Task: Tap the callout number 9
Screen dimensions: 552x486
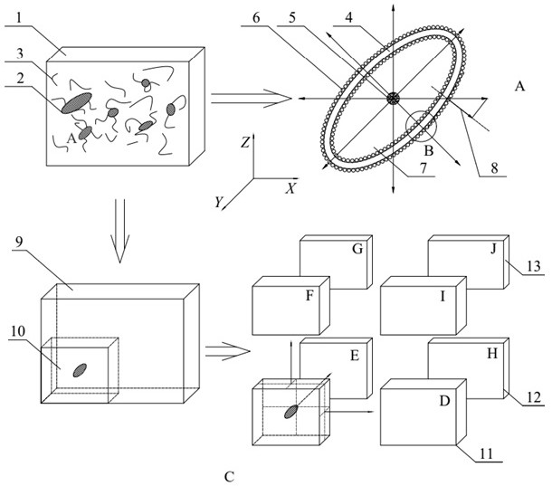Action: (19, 242)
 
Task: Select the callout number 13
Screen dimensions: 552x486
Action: (534, 266)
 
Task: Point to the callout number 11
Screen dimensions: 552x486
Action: (486, 453)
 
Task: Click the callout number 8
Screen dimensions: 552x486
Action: (495, 168)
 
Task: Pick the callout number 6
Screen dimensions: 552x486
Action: (256, 18)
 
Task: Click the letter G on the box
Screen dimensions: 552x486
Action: (357, 249)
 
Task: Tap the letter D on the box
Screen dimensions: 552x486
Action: (445, 401)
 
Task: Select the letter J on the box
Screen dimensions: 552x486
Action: (493, 249)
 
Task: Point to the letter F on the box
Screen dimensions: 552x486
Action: (309, 296)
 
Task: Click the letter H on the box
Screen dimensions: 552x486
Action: (492, 353)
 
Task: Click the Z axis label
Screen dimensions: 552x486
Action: (245, 142)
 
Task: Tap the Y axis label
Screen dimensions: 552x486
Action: (219, 203)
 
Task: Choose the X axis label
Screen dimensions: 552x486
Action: (290, 189)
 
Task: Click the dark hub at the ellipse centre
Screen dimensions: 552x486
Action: (393, 99)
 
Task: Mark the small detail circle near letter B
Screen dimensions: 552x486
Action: (421, 126)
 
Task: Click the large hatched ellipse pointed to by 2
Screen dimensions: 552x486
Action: (76, 103)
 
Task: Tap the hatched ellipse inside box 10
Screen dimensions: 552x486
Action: (80, 370)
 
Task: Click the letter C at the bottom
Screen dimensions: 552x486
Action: (229, 477)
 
